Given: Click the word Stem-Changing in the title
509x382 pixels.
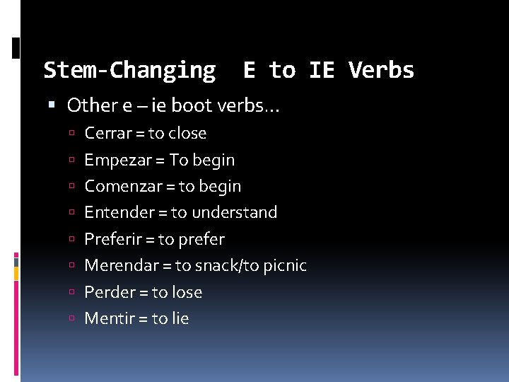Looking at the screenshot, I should coord(129,70).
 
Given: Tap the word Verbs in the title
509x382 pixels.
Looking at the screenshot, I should coord(382,70).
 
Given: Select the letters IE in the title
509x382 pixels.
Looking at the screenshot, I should coord(322,70).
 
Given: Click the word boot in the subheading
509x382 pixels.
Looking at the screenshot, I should coord(192,106).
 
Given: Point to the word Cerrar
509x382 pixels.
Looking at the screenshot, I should coord(107,133).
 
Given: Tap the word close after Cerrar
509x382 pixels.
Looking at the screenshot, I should coord(187,133).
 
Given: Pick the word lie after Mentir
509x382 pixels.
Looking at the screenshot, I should coord(180,318).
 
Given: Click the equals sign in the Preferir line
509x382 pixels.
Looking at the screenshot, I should coord(148,240).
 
